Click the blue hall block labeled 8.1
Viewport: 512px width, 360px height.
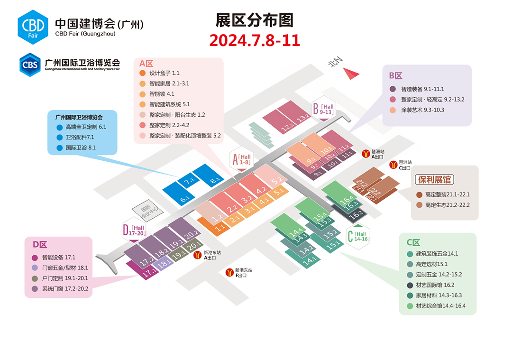point(208,175)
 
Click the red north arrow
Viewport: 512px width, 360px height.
point(350,74)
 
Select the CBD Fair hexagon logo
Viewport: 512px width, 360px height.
point(33,27)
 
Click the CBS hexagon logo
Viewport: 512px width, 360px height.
point(30,65)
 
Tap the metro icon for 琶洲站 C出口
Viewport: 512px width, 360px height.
point(393,165)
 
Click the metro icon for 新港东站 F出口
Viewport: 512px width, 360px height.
point(230,272)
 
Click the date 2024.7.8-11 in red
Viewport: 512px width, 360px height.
point(255,40)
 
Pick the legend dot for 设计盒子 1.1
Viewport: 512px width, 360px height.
point(142,73)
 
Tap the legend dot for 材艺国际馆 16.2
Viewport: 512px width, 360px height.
point(410,285)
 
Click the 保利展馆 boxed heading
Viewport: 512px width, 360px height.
point(434,179)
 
